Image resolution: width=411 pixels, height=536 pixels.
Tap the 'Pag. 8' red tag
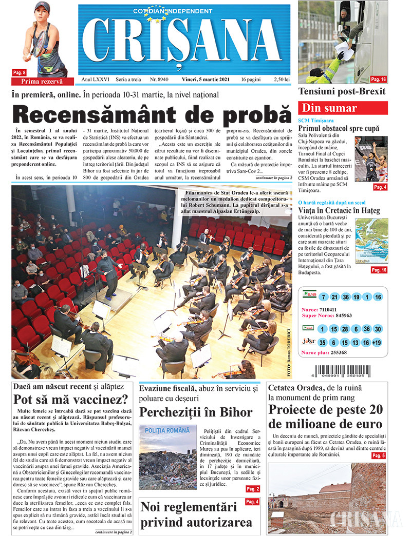click(19, 73)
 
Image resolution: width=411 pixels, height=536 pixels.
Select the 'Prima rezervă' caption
click(42, 82)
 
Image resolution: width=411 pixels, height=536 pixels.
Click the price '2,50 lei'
click(282, 80)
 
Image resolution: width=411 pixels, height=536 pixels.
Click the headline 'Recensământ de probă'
click(152, 114)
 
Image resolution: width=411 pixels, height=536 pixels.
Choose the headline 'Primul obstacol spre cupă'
click(339, 129)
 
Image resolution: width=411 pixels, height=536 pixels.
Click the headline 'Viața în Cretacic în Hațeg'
click(339, 210)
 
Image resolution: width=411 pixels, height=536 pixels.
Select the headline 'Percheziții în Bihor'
click(196, 412)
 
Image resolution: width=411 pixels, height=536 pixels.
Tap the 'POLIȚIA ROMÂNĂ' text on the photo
click(167, 431)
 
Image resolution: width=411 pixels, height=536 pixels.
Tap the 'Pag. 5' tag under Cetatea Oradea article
click(378, 455)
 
